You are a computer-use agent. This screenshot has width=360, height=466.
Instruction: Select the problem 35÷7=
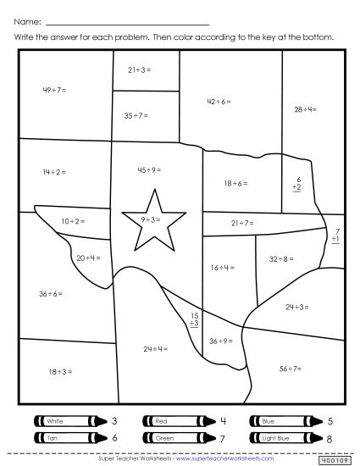[135, 114]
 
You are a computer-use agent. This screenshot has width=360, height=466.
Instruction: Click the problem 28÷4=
[305, 109]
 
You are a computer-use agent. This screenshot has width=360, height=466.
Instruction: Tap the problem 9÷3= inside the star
[152, 219]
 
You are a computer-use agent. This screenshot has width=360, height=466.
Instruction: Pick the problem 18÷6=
[236, 183]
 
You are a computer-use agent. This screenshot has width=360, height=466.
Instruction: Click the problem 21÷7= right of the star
[242, 223]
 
